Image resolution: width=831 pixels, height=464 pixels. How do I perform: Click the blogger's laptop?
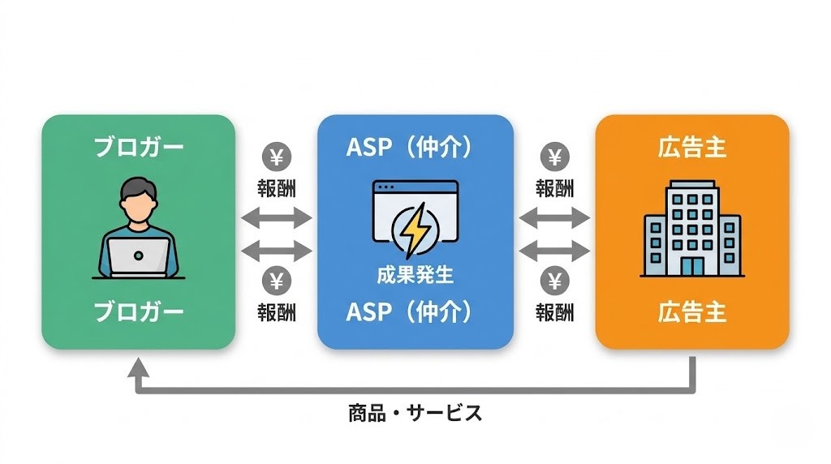(138, 257)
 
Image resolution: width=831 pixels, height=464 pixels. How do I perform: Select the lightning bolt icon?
(416, 229)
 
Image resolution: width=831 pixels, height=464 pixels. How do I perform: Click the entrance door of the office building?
(692, 265)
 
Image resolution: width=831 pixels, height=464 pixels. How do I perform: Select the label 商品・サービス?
(415, 413)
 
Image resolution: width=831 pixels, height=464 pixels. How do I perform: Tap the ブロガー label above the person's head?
(139, 148)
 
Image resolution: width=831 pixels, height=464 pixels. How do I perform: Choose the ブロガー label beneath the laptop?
(139, 312)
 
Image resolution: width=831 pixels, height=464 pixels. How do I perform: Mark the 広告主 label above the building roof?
(692, 148)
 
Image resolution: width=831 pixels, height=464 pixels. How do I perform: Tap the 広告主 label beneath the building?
(692, 312)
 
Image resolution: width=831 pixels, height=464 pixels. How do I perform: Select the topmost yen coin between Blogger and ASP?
(277, 156)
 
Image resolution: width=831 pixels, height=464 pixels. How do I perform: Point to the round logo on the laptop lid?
(138, 256)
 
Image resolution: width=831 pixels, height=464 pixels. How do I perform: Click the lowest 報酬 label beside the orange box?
(555, 312)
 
